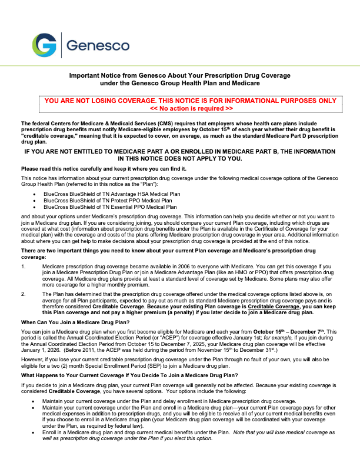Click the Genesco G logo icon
coord(45,45)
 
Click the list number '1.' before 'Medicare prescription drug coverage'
coord(24,266)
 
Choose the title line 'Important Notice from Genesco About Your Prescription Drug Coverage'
coord(180,76)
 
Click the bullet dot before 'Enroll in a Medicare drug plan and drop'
coord(36,432)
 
